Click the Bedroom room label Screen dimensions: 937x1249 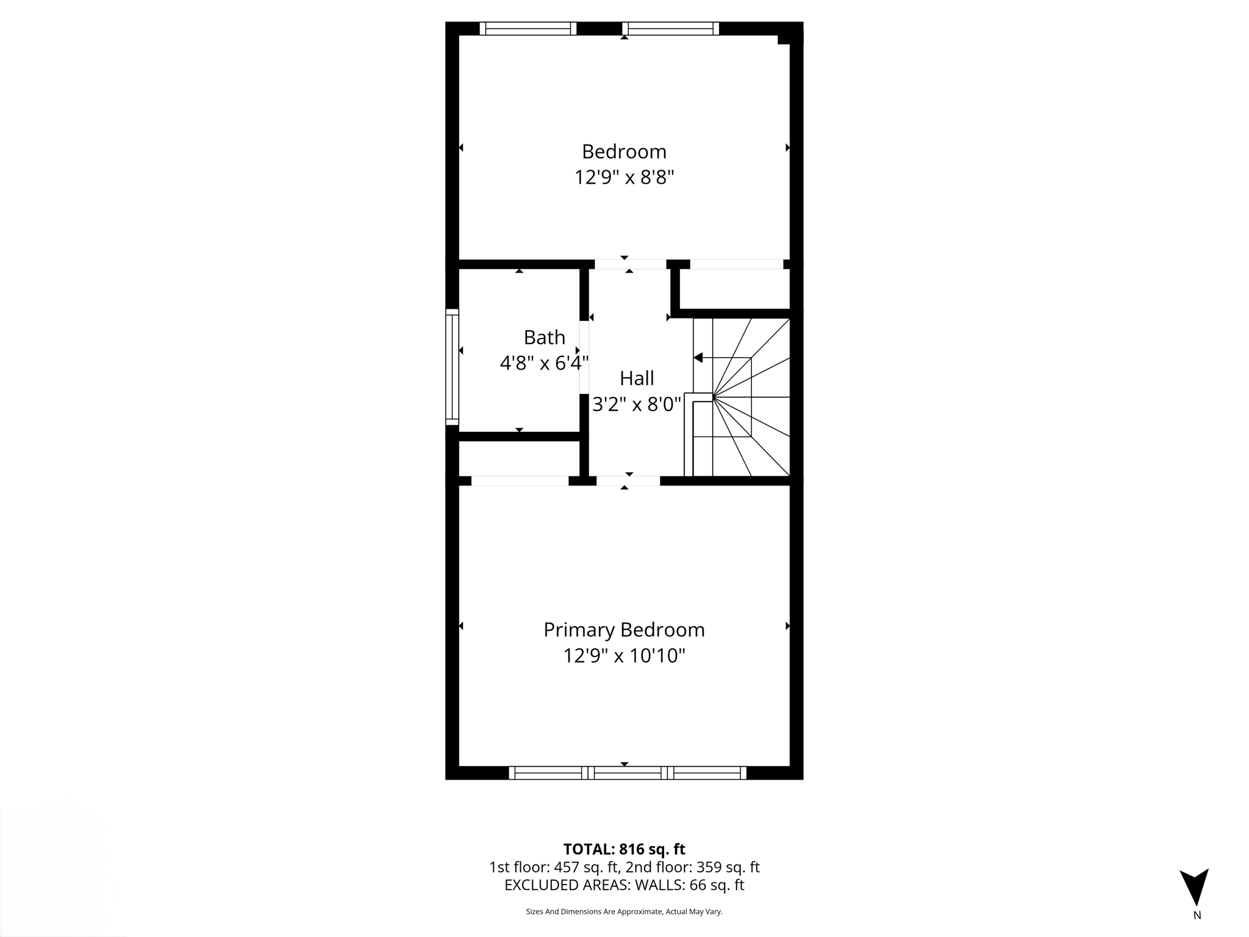(x=624, y=151)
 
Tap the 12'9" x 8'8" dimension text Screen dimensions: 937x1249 (x=624, y=178)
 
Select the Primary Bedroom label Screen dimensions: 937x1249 (x=624, y=630)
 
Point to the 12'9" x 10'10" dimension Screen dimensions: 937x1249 (x=624, y=656)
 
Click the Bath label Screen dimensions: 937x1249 (x=544, y=337)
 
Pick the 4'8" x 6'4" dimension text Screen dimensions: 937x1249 (x=544, y=364)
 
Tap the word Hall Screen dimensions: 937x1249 (x=637, y=378)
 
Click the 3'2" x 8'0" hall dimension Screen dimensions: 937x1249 (x=637, y=404)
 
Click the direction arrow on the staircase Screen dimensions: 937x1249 (x=699, y=357)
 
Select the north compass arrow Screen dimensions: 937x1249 (x=1194, y=887)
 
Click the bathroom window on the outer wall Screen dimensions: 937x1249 (x=452, y=367)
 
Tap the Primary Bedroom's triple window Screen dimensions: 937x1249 (x=628, y=773)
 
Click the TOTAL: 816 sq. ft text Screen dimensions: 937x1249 (x=624, y=849)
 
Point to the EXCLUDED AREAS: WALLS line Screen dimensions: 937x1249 (x=624, y=885)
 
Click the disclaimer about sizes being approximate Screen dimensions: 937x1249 (x=624, y=911)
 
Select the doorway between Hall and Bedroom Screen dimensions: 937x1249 (x=630, y=265)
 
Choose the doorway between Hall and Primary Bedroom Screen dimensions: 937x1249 (x=628, y=481)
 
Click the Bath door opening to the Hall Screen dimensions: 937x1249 (x=584, y=357)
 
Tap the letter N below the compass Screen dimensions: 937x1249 (x=1197, y=915)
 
